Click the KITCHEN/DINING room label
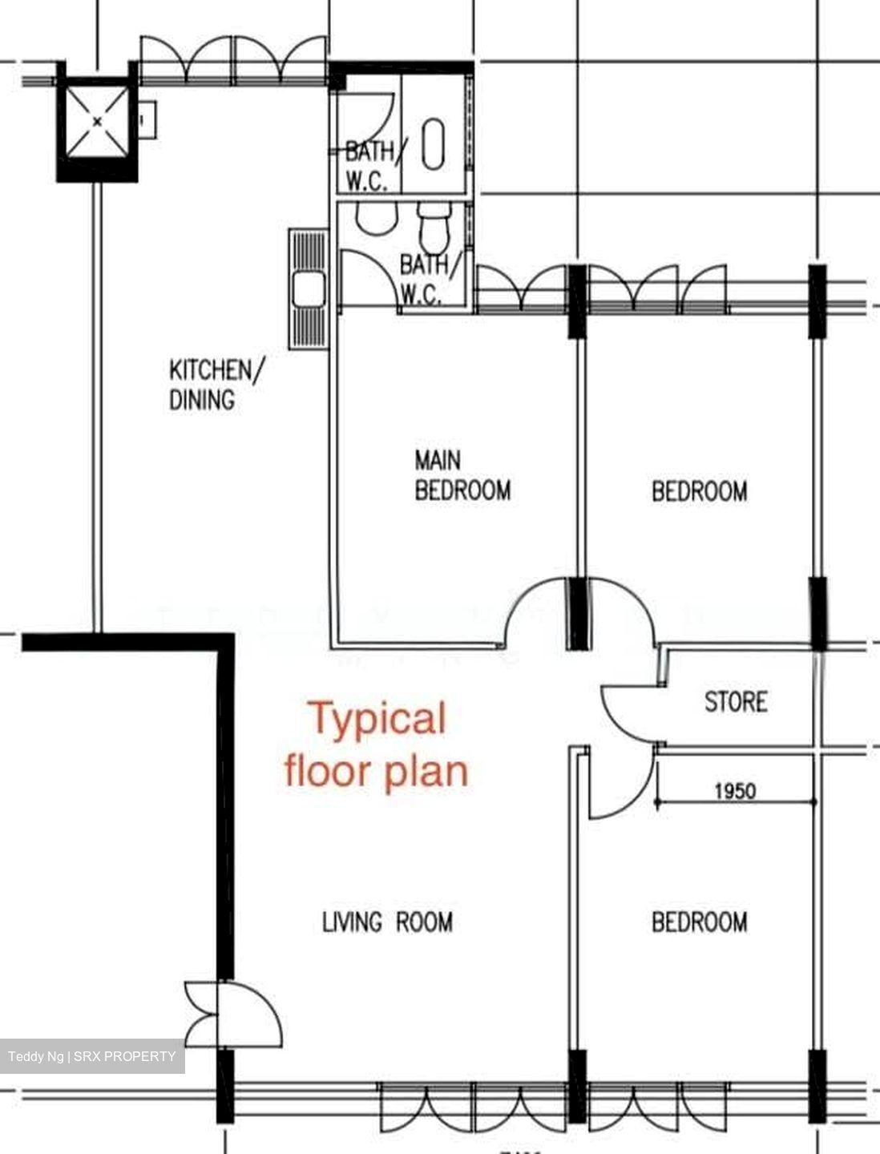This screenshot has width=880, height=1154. pos(215,385)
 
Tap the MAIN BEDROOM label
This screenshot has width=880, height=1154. pos(462,475)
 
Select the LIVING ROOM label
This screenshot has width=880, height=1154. pos(387,922)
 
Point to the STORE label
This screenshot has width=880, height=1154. pos(736,702)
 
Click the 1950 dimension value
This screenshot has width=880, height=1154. pos(734,791)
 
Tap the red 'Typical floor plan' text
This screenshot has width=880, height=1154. pos(377,744)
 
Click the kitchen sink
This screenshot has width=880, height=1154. pos(308,289)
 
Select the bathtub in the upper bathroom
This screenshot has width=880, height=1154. pos(433,144)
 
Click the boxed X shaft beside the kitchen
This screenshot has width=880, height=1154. pos(97,121)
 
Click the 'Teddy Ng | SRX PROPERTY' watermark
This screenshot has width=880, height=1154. pos(92,1056)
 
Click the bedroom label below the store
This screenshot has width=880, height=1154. pos(699,922)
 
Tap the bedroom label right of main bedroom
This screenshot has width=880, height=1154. pos(699,490)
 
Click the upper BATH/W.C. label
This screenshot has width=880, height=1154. pos(373,165)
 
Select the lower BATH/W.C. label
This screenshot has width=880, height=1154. pos(430,279)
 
